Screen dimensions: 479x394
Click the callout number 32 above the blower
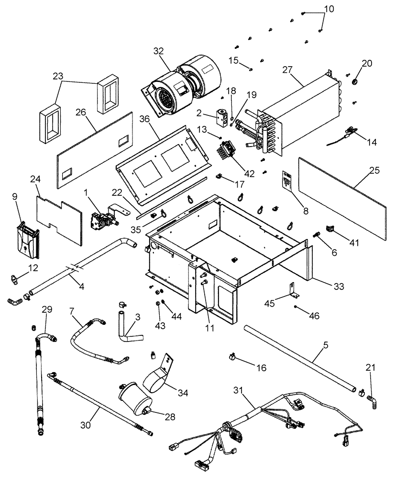(x=159, y=51)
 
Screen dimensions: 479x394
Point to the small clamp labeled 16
(x=232, y=356)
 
